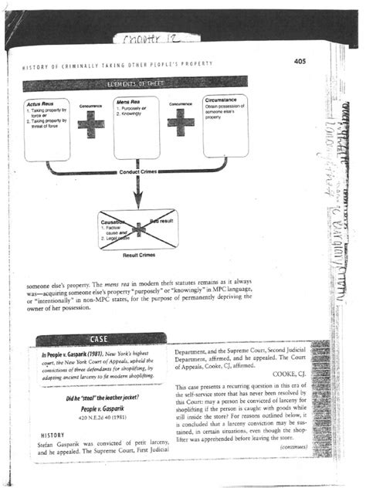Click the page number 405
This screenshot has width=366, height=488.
pyautogui.click(x=300, y=61)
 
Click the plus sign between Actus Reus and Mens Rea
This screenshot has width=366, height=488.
pyautogui.click(x=91, y=124)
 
